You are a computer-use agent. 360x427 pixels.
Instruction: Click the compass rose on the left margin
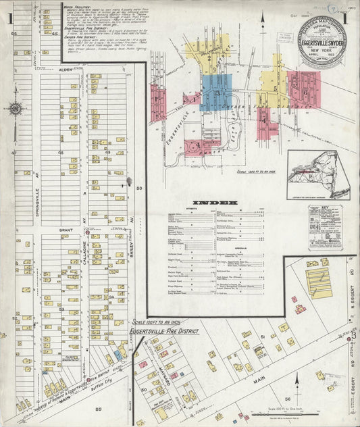(x=15, y=108)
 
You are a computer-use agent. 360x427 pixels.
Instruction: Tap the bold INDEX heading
(x=215, y=203)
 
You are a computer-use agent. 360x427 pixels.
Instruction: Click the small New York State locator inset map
(x=319, y=174)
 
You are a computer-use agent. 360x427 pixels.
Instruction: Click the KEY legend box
(x=326, y=228)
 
